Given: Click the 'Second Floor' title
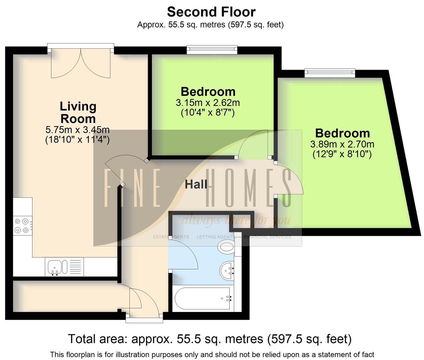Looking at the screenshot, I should (211, 12).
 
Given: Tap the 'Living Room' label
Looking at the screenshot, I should (78, 112).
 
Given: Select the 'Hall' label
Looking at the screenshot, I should (196, 184).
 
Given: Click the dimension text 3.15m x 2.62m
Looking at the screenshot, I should (207, 103).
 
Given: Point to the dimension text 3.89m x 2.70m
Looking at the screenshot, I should (342, 144).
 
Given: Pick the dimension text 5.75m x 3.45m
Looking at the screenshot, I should (77, 130).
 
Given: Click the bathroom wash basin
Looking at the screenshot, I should (227, 270).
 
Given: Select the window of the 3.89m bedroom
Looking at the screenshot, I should (329, 72).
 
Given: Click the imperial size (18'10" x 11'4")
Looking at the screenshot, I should (77, 140).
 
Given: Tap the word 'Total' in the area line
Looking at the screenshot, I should (82, 339).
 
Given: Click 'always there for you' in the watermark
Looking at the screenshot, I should (236, 220).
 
